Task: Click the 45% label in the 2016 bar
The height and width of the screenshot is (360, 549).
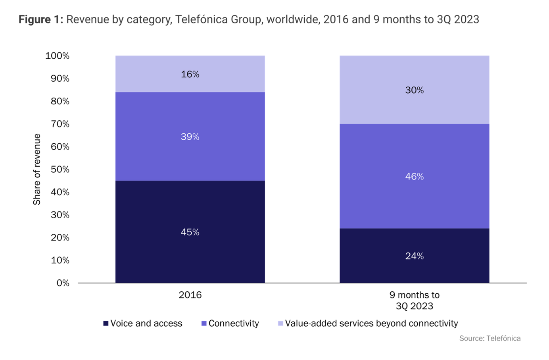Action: coord(190,232)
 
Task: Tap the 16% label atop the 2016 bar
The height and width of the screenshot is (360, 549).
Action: coord(190,74)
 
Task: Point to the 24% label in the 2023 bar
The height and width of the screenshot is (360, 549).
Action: coord(414,256)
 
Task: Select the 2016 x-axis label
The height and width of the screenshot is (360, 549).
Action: coord(190,295)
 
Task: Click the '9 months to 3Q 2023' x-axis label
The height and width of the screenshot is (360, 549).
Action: coord(414,300)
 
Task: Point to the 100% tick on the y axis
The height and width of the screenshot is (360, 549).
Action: coord(57,56)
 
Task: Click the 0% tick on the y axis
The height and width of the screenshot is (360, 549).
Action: coord(63,283)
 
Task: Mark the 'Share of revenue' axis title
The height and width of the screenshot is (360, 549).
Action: coord(37,169)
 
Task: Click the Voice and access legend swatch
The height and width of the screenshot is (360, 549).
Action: coord(106,323)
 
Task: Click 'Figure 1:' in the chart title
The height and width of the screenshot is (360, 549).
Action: coord(41,19)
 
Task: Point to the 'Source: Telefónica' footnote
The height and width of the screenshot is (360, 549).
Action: coord(489,338)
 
